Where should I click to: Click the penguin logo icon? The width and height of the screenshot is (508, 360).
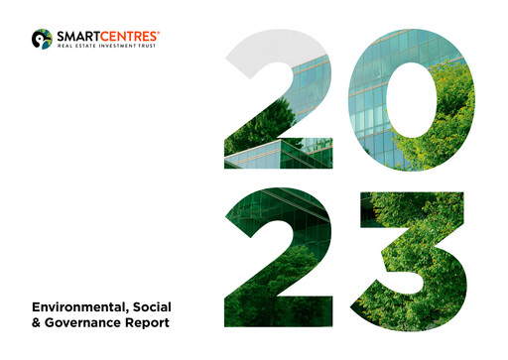(x=42, y=39)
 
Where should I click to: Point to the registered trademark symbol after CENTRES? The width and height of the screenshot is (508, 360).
(x=158, y=31)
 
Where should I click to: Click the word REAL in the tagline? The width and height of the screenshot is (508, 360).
(x=64, y=45)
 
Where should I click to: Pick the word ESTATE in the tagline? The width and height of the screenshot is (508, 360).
(x=83, y=45)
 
